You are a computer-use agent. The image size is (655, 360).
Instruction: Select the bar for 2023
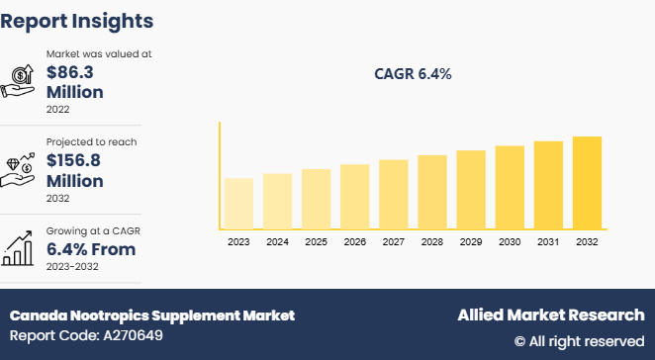pos(238,204)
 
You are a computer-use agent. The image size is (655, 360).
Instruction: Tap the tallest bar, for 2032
pos(586,183)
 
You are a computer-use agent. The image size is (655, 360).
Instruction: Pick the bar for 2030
pos(509,188)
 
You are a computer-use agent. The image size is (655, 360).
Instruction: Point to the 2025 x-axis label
pos(316,241)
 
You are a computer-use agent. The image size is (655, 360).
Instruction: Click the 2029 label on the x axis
pos(470,241)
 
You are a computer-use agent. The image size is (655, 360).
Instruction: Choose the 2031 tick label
pos(547,241)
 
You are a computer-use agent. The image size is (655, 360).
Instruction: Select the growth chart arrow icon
pos(20,248)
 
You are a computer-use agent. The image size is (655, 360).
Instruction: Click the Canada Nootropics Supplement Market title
pos(152,315)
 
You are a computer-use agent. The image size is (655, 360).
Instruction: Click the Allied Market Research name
pos(550,315)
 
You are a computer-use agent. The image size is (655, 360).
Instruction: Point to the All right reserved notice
pos(579,341)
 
